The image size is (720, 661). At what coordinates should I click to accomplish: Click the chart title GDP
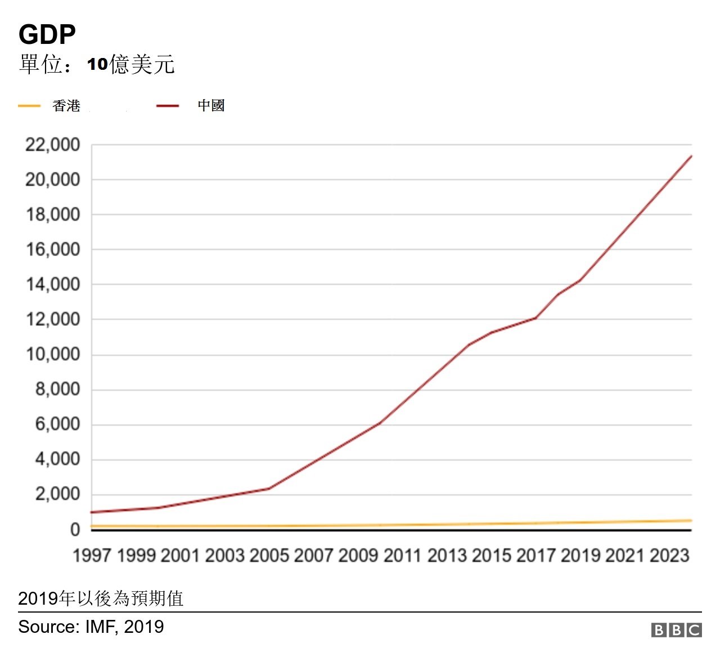coord(47,35)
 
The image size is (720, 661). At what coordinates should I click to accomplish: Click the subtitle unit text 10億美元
coord(130,65)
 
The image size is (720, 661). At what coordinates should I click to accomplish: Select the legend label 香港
coord(66,106)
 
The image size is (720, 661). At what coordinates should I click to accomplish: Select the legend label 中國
coord(211,106)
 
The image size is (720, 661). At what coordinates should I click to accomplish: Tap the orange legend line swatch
coord(29,106)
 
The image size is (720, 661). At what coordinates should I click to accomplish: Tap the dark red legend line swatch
coord(168,106)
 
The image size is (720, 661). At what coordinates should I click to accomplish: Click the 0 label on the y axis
coord(75,530)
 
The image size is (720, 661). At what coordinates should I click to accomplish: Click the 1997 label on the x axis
coord(92,556)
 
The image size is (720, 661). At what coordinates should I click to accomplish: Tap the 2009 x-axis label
coord(358,556)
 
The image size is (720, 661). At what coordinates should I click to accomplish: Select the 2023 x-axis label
coord(669,556)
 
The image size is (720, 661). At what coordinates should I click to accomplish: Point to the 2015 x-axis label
coord(491,556)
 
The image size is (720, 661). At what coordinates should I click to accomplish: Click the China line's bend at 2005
coord(269,488)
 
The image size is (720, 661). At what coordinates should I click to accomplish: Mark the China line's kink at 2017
coord(535,318)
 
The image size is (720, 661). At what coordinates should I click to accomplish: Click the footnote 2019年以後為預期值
coord(101,598)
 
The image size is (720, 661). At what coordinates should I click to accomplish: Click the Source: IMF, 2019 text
coord(91,627)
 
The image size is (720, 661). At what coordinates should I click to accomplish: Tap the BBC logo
coord(676,629)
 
